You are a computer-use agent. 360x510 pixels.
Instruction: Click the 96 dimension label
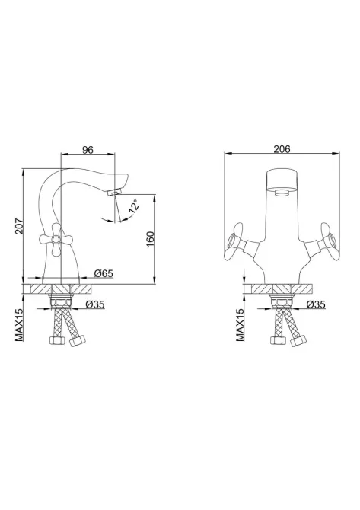[x=88, y=150]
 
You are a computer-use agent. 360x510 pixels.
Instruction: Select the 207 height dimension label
[x=20, y=225]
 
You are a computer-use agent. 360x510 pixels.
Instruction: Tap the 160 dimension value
[x=150, y=239]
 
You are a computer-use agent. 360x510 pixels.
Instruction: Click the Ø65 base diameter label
[x=104, y=273]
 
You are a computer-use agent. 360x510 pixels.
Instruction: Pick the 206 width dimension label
[x=282, y=149]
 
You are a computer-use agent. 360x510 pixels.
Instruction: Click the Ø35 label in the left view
[x=94, y=304]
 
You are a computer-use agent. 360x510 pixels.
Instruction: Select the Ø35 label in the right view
[x=316, y=304]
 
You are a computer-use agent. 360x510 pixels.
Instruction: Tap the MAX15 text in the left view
[x=20, y=325]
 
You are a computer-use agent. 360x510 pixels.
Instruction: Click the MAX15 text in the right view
[x=241, y=325]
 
